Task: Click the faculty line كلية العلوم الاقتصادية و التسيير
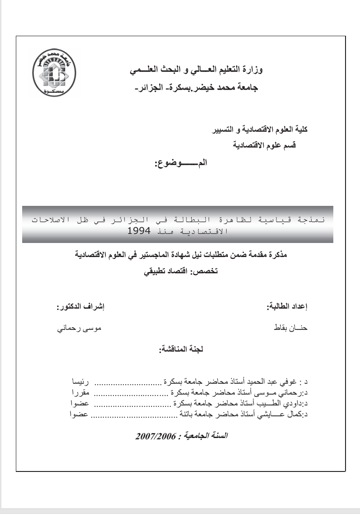tap(260, 129)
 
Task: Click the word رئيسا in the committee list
tap(81, 378)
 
